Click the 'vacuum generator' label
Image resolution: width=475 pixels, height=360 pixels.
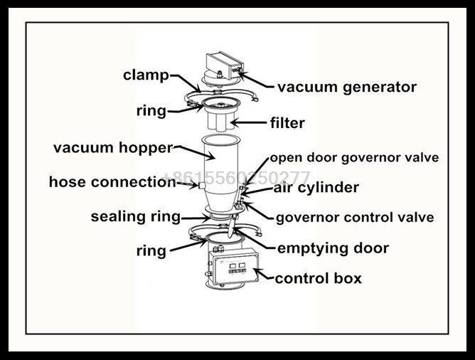pos(346,88)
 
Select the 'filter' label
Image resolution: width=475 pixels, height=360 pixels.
pos(287,123)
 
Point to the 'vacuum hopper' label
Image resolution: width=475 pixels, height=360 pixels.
pos(113,148)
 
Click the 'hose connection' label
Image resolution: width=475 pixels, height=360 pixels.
pos(112,182)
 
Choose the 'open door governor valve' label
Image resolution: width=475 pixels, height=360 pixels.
pos(353,157)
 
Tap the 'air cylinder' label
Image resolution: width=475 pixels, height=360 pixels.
pos(316,188)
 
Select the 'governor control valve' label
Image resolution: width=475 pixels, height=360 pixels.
pos(354,217)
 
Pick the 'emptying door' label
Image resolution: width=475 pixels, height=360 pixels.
pos(332,248)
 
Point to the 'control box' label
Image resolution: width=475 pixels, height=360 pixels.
pos(318,278)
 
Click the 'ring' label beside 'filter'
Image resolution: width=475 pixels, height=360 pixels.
pos(151,111)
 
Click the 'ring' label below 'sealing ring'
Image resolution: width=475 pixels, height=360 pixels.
pos(151,250)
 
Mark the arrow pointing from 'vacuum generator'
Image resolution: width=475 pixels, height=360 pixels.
pos(256,80)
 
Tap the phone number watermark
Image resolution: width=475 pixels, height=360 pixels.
pos(237,177)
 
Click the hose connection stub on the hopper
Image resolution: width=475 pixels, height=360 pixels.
pos(201,185)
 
